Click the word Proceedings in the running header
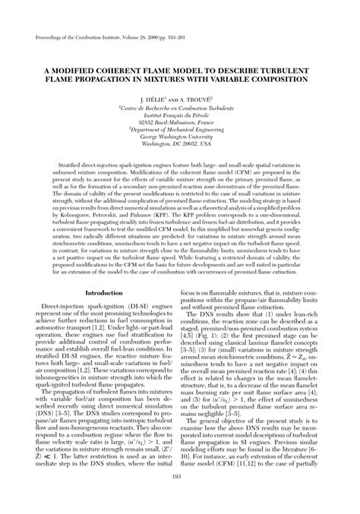click(x=48, y=36)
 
